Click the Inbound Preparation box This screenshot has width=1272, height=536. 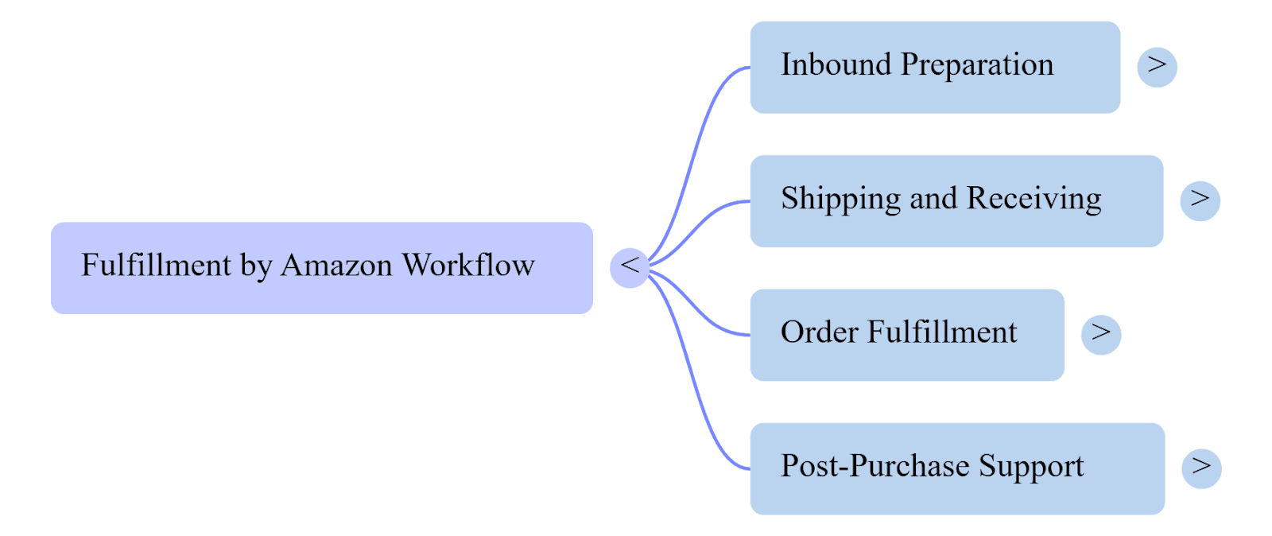point(934,67)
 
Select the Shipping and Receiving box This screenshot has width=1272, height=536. point(956,200)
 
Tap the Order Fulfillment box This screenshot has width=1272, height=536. point(906,335)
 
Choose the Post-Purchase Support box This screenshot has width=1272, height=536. point(956,468)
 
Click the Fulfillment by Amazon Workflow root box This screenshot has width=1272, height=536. point(321,268)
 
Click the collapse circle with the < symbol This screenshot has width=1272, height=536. point(630,267)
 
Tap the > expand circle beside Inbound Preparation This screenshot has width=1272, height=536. point(1157,67)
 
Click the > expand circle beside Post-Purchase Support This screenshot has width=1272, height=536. point(1200,468)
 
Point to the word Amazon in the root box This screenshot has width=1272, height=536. point(336,266)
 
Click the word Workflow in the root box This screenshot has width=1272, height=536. point(467,266)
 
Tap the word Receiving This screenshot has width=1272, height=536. point(1033,199)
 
